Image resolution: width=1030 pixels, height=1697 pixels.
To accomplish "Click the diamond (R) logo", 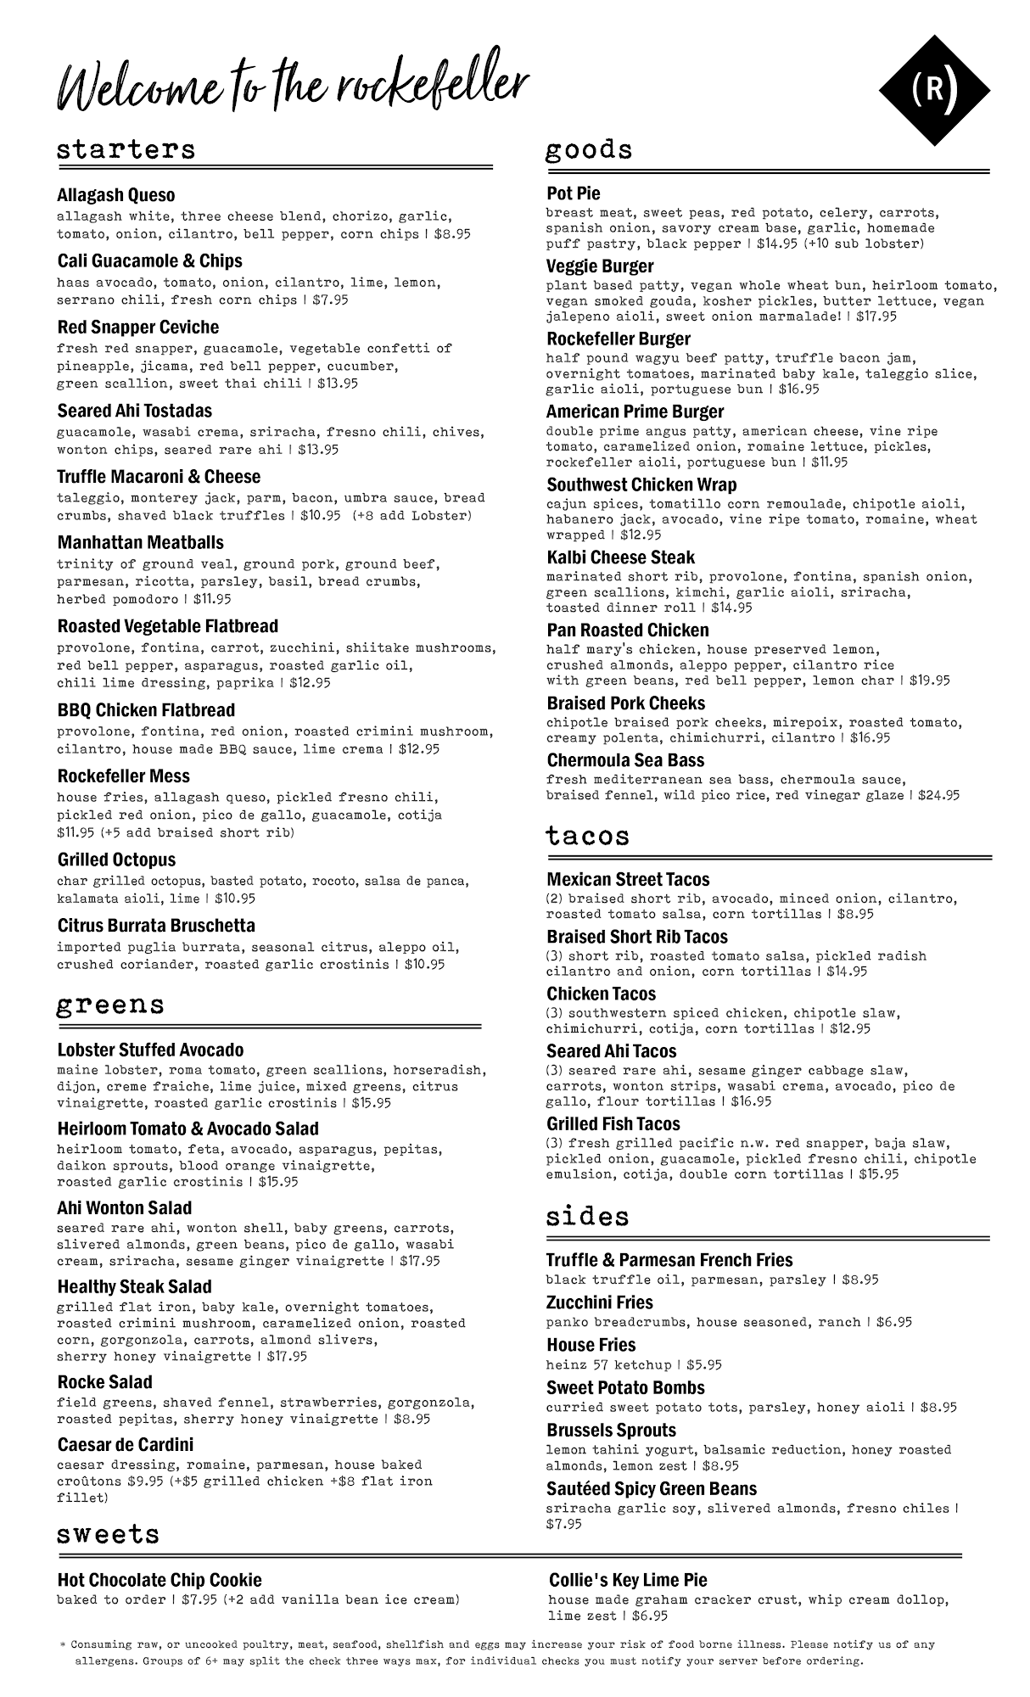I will click(x=934, y=90).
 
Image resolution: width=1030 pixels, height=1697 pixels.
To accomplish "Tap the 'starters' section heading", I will click(x=126, y=150).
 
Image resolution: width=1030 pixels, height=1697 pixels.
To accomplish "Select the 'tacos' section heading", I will click(x=587, y=836).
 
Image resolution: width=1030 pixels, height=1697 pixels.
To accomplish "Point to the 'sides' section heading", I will click(x=587, y=1217).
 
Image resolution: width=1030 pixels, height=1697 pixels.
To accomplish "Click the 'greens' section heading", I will click(x=110, y=1005).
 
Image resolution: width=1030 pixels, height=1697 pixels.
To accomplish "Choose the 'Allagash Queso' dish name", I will click(x=116, y=195).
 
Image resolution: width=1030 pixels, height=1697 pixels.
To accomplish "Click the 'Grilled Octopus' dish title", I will click(x=117, y=860).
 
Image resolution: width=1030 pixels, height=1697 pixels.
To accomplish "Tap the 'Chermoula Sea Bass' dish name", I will click(x=625, y=760).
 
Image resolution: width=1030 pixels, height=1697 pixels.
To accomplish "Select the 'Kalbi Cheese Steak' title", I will click(x=620, y=557).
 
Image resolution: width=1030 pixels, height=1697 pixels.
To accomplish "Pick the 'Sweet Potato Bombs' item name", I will click(x=625, y=1388).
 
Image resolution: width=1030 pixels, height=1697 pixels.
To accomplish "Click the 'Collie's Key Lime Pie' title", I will click(x=628, y=1580).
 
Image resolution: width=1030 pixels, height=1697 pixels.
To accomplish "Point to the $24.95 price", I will click(x=939, y=796).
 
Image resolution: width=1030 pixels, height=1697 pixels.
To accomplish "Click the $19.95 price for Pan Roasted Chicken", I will click(x=930, y=680).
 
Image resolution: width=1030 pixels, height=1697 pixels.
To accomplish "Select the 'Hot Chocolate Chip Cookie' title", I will click(x=160, y=1580).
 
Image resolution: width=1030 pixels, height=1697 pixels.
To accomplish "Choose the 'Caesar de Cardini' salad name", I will click(x=126, y=1444).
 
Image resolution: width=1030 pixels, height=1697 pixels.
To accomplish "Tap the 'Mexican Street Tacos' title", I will click(x=628, y=880).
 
